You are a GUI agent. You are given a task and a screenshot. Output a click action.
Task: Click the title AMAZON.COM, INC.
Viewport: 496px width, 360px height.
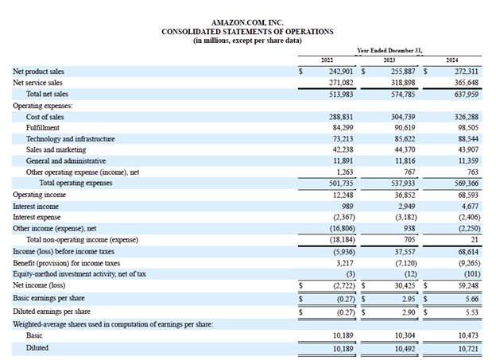(x=246, y=23)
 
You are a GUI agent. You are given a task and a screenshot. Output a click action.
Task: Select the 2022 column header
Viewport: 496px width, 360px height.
(x=327, y=60)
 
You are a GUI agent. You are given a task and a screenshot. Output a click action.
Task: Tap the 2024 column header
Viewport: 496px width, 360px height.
(x=452, y=60)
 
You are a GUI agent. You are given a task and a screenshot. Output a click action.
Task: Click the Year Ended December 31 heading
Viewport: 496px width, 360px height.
(x=389, y=49)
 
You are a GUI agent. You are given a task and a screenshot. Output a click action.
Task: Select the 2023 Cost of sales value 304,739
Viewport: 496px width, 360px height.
(x=397, y=115)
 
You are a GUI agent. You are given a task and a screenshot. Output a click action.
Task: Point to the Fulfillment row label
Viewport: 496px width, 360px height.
(x=44, y=127)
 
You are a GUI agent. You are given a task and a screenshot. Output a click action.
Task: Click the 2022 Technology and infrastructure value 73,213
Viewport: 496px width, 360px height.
(x=337, y=138)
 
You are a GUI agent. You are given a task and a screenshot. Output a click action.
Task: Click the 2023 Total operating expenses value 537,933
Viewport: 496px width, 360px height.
(x=397, y=183)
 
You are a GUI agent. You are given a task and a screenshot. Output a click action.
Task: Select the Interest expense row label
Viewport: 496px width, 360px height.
(x=37, y=216)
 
